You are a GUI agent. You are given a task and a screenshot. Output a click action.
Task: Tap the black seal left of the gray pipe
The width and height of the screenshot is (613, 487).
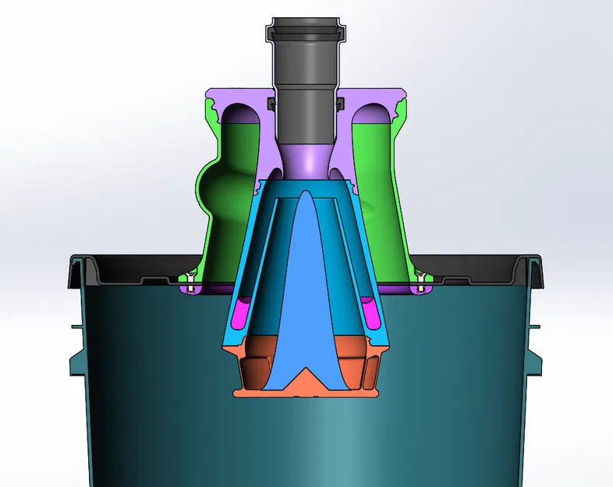click(272, 103)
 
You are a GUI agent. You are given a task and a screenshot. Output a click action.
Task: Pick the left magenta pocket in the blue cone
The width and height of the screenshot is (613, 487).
click(241, 312)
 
